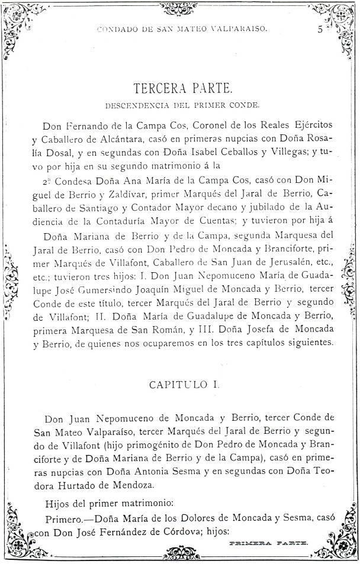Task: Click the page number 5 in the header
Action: (319, 29)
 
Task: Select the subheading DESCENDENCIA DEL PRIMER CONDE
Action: (182, 107)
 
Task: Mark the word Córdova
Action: (169, 530)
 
